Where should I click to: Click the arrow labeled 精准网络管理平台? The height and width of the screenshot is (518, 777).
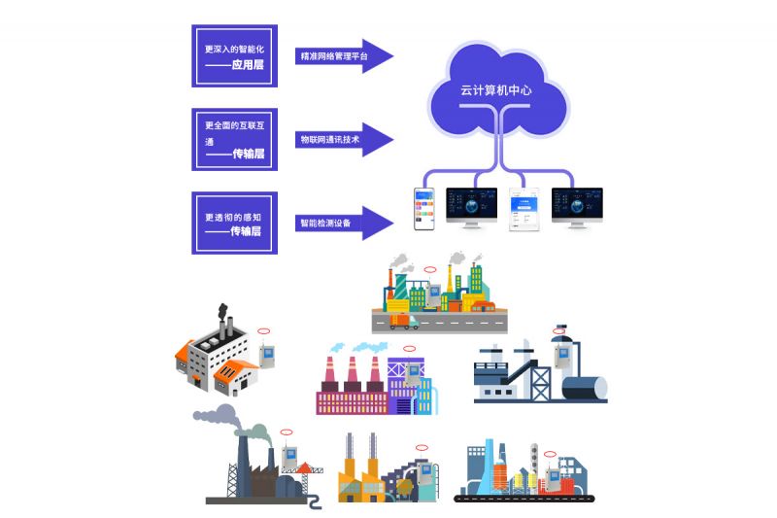(x=345, y=56)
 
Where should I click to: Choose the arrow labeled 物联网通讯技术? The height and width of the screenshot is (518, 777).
(x=345, y=140)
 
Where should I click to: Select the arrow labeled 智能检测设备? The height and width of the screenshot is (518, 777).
(x=345, y=223)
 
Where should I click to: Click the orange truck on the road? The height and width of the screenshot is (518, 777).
(x=404, y=322)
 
